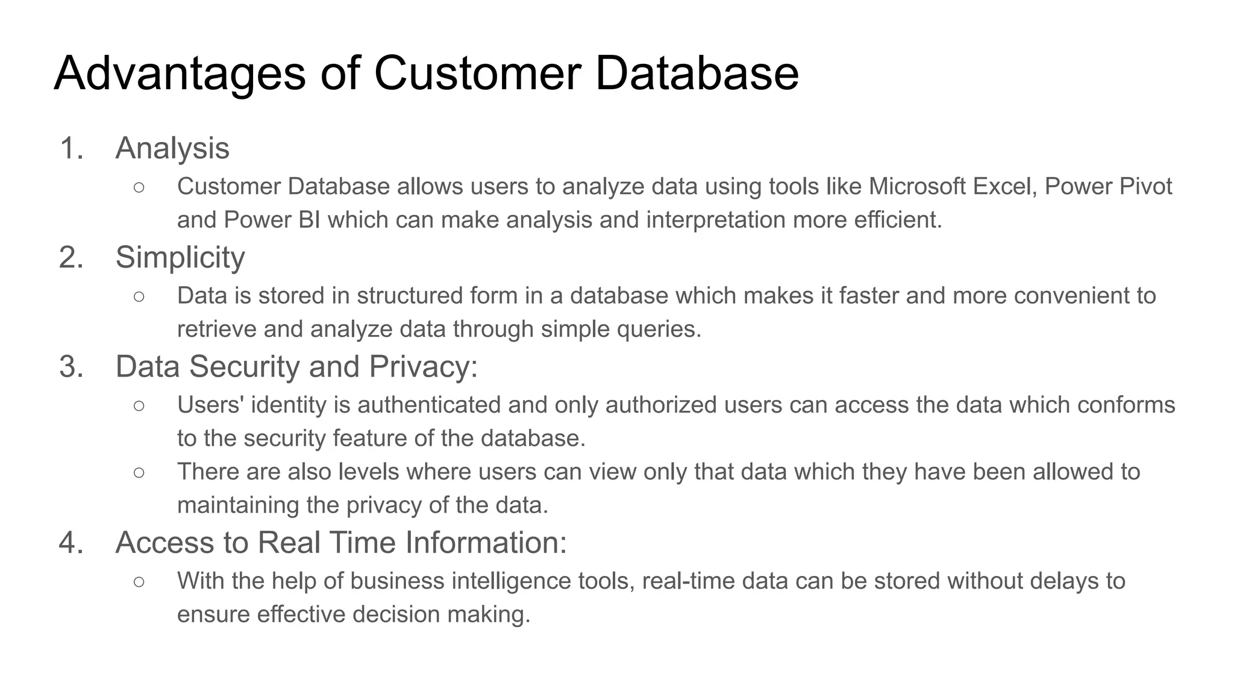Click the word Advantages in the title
click(x=180, y=73)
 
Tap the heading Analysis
click(x=172, y=148)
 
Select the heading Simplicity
click(x=180, y=257)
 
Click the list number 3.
click(x=71, y=366)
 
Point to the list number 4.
click(x=71, y=542)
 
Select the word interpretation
click(x=716, y=220)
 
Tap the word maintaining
click(x=238, y=505)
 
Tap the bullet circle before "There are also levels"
click(x=139, y=472)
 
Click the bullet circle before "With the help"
click(x=139, y=581)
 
